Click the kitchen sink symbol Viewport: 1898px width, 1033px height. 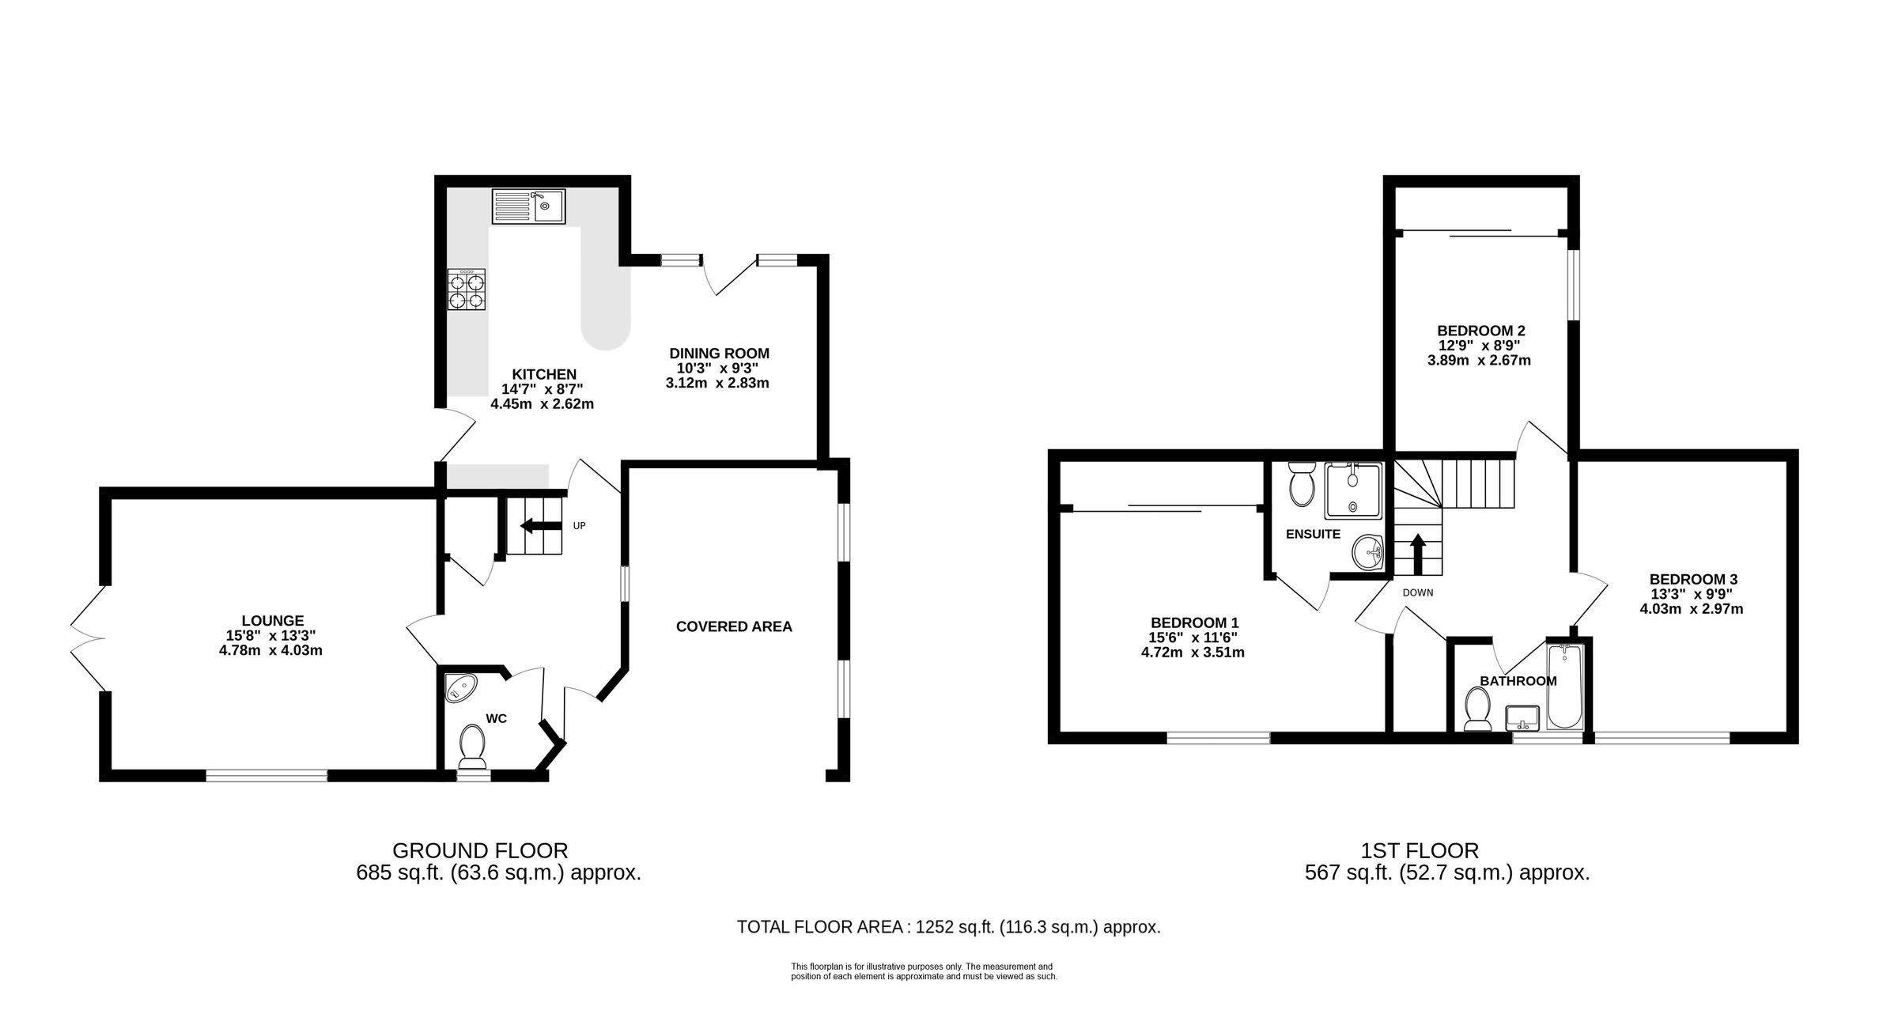click(x=527, y=206)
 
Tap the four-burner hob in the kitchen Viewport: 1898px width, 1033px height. click(x=467, y=289)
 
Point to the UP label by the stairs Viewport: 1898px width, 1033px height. click(x=579, y=526)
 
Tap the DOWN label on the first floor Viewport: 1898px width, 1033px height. click(x=1417, y=592)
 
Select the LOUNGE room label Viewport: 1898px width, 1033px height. click(x=272, y=621)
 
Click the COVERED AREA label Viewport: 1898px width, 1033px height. click(x=733, y=626)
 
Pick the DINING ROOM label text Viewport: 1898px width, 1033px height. click(x=719, y=354)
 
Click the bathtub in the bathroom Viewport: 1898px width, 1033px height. click(x=1564, y=687)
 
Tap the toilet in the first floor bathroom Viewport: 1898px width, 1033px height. click(x=1476, y=708)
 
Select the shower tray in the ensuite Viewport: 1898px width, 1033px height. click(x=1353, y=491)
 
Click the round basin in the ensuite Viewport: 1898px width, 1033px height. click(x=1367, y=552)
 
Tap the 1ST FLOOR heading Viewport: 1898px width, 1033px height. click(x=1419, y=851)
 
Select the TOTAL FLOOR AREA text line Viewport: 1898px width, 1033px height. click(x=948, y=927)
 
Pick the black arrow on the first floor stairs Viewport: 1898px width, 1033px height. click(x=1418, y=554)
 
